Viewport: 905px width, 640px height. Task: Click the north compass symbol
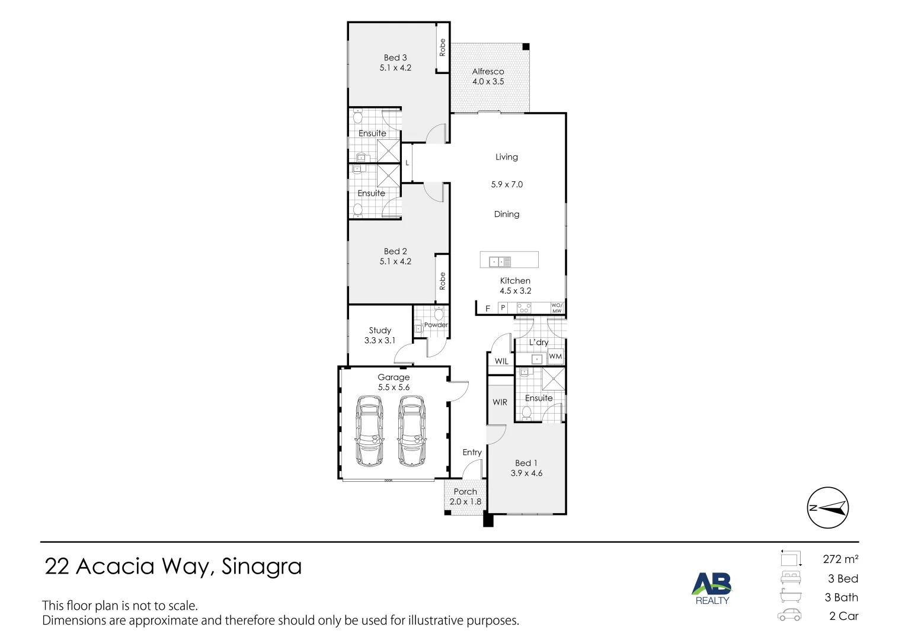click(828, 508)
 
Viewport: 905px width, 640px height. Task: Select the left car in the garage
click(369, 431)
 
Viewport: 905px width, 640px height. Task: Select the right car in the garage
click(412, 431)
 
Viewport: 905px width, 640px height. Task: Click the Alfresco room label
click(488, 76)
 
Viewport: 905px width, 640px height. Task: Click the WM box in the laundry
click(555, 357)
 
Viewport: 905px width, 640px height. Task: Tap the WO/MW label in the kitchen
click(557, 308)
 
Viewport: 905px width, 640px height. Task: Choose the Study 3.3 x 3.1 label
click(380, 335)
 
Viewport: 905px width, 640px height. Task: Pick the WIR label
click(500, 402)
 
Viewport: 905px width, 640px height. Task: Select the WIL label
click(501, 361)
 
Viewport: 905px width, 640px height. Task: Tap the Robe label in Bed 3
click(442, 47)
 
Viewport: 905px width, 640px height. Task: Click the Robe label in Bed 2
click(442, 281)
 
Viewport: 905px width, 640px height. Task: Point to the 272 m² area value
click(840, 559)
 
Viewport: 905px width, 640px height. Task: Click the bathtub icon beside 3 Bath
click(791, 597)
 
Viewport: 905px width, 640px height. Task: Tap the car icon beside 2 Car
click(789, 616)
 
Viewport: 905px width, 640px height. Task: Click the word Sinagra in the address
click(261, 567)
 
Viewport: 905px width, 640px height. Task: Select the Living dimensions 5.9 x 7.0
click(507, 185)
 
